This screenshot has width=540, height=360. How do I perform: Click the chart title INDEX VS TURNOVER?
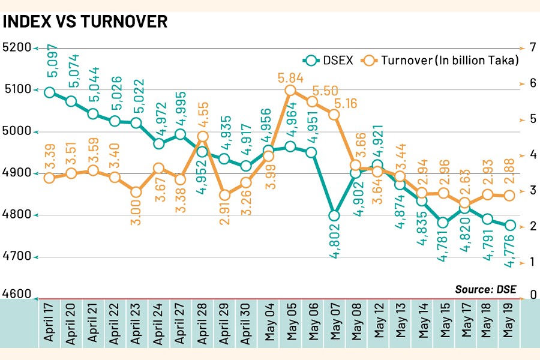[85, 21]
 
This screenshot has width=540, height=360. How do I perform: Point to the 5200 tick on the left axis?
[17, 47]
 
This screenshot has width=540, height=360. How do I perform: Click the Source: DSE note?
[485, 289]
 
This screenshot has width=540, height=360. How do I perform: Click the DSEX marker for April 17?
[50, 92]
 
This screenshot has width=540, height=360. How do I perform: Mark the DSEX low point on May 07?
[334, 215]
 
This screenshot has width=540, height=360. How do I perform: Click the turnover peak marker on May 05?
[290, 91]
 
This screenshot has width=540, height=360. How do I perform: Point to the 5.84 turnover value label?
[290, 78]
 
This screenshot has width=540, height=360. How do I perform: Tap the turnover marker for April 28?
[202, 136]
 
